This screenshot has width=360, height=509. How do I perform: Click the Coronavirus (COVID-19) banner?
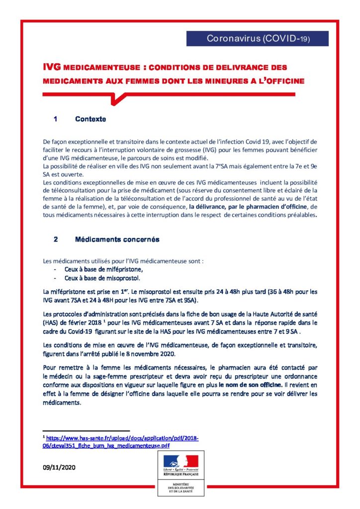(x=258, y=39)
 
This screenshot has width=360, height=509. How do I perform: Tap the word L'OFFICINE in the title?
(x=280, y=80)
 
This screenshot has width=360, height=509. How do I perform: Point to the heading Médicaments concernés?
(x=117, y=239)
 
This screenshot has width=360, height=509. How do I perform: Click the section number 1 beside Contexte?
(x=56, y=119)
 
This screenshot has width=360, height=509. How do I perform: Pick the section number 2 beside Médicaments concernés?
(x=56, y=239)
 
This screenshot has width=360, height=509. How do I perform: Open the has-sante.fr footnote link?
(x=122, y=442)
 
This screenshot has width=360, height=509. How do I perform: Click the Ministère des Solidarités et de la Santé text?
(x=180, y=490)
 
